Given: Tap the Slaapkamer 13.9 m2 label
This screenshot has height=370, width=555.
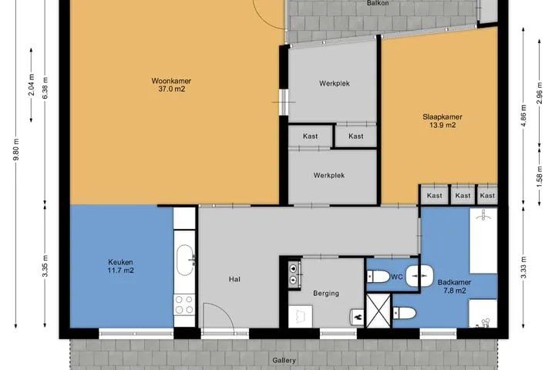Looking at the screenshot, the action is (x=442, y=121).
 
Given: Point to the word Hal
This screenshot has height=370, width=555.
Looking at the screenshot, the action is (x=234, y=279).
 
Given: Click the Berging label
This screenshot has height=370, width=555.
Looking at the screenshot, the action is (x=326, y=293).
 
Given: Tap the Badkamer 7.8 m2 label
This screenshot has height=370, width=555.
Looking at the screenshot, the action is (x=455, y=287).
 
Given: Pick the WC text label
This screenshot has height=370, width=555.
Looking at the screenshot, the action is (x=397, y=277).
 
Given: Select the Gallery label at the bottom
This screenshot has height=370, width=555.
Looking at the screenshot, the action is (x=284, y=361).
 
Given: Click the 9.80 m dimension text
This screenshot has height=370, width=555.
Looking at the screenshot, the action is (x=16, y=150).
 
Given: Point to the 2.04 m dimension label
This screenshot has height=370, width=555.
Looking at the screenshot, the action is (x=31, y=85).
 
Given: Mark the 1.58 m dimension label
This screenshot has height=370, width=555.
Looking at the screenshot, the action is (x=539, y=177).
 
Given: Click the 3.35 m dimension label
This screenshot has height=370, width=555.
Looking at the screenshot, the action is (x=45, y=266).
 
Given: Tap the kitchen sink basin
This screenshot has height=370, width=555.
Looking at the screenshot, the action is (x=185, y=261).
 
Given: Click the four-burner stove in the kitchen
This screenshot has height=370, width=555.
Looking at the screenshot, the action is (x=184, y=304).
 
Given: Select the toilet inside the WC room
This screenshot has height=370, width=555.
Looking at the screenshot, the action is (x=378, y=277).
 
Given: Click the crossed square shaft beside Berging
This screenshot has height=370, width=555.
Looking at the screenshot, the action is (x=378, y=311).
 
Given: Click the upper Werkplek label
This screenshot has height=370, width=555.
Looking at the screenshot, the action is (x=334, y=83).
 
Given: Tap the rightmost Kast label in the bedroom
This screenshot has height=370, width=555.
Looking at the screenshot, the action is (x=487, y=196).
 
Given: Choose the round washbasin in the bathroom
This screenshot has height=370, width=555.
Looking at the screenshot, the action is (x=420, y=276).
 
